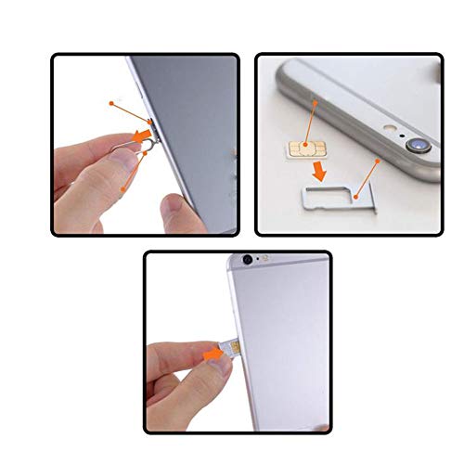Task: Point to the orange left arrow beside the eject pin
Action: (140, 139)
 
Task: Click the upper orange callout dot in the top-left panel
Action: (110, 102)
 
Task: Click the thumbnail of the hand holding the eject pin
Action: (119, 161)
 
